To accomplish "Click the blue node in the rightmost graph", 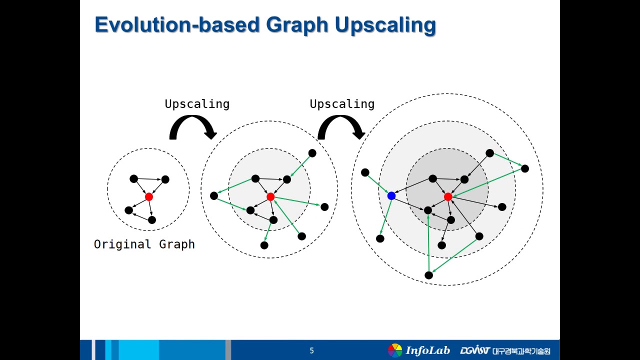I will (391, 196).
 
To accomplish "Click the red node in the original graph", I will (148, 197).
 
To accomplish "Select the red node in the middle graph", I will (270, 197).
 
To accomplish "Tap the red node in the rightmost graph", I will (448, 197).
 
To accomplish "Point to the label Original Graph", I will (144, 244).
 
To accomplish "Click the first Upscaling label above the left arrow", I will (197, 104).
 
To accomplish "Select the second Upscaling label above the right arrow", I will (342, 104).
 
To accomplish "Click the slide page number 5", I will (311, 351).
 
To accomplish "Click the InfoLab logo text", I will (427, 350).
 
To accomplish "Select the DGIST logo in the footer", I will (474, 350).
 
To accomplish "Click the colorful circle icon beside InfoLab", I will (395, 350).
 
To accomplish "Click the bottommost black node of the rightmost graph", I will (428, 275).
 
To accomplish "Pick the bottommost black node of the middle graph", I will (264, 245).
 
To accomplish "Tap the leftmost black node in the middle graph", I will (214, 195).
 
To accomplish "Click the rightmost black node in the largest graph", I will (524, 168).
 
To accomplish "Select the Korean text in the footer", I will (521, 351).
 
